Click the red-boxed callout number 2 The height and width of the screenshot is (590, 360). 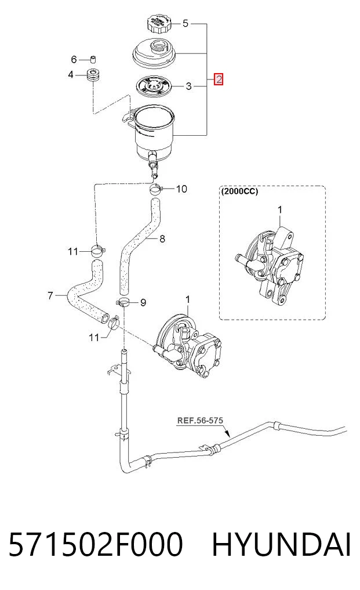coord(219,80)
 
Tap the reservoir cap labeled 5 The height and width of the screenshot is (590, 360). coord(159,24)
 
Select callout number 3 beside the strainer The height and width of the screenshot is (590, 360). coord(188,86)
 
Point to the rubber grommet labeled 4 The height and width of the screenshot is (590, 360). coord(93,74)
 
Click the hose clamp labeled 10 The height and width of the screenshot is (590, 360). coord(155,188)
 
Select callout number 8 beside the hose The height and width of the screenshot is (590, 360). coord(162,238)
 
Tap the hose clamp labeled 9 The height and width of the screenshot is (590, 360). coord(123,302)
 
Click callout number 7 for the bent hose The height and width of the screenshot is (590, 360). coord(50,296)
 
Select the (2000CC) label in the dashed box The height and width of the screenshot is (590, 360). coord(239,191)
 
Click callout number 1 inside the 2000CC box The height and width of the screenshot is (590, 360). coord(279,209)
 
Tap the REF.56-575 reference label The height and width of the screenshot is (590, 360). coord(200,420)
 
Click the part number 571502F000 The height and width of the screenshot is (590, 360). coord(96,545)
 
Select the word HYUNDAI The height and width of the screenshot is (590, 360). coord(281,545)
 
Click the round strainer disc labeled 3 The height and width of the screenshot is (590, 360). coord(154,86)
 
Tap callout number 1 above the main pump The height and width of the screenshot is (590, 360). coord(188,300)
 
